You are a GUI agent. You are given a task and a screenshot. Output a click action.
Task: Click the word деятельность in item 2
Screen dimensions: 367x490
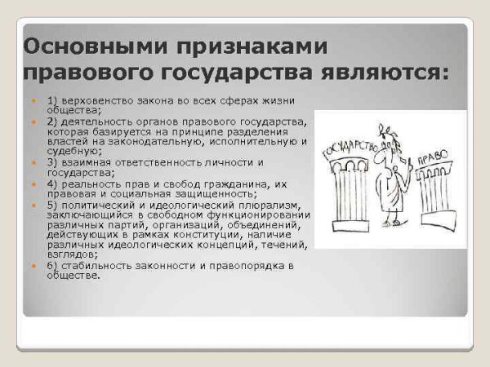[x=92, y=121]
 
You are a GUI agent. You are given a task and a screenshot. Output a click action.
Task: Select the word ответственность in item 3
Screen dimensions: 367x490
[x=149, y=162]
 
